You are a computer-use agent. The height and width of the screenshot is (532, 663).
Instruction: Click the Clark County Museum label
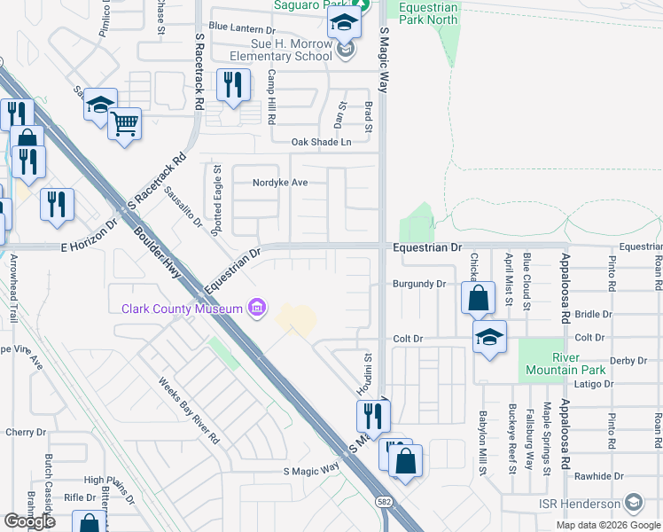[182, 309]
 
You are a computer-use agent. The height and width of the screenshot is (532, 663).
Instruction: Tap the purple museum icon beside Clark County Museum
[257, 309]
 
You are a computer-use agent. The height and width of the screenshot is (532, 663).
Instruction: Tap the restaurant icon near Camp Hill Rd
[232, 86]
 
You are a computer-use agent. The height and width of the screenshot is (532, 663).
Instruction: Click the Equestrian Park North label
[428, 12]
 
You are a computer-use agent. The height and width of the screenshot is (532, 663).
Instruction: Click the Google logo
[29, 521]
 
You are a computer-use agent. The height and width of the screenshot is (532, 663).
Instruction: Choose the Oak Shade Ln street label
[321, 142]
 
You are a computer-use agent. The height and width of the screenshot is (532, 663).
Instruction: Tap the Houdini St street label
[366, 372]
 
